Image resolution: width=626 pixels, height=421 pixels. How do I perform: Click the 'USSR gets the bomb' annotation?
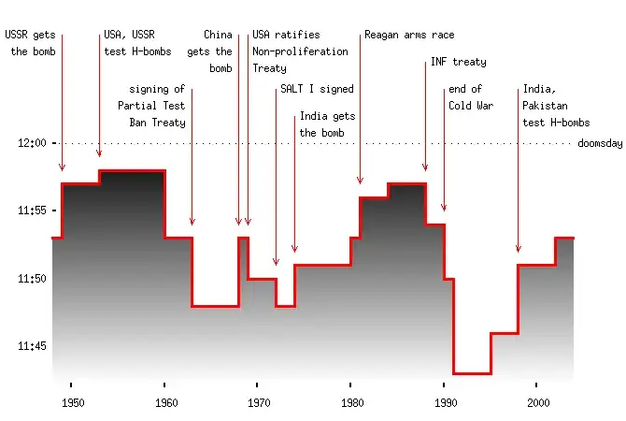point(31,44)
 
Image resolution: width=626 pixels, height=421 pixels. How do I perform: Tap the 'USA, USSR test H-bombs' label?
point(129,44)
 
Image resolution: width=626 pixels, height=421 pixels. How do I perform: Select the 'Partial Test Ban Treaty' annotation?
point(157,106)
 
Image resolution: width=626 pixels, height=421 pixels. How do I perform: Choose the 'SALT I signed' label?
point(317,90)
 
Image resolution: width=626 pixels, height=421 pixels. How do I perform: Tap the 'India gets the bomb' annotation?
point(327,124)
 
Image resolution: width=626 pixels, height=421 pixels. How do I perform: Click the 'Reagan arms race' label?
point(409,35)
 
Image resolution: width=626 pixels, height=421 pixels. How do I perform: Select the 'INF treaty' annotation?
point(458,63)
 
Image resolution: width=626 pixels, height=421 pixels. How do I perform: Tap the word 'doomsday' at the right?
point(600,143)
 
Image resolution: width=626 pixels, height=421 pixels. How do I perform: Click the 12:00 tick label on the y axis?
point(32,143)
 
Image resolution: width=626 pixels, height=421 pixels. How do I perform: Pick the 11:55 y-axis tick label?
point(32,211)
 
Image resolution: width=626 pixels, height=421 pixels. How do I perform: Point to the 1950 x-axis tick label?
point(72,403)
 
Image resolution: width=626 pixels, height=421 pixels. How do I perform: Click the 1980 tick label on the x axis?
point(351,403)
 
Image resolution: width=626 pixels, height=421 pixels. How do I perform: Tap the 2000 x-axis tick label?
point(537,403)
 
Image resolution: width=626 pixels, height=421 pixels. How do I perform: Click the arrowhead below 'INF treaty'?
point(425,168)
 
